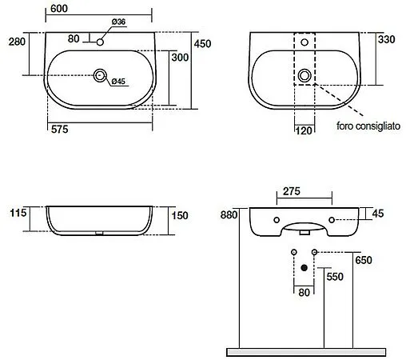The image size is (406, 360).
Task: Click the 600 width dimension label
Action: click(59, 9)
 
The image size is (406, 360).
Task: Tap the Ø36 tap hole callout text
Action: click(118, 22)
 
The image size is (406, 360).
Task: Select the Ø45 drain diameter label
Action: click(118, 82)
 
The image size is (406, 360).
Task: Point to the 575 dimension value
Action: click(60, 130)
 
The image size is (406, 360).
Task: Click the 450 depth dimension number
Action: click(202, 44)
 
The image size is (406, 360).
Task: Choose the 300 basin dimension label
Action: click(180, 58)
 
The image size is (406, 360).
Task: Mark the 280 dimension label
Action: click(17, 42)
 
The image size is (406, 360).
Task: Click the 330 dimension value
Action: click(387, 39)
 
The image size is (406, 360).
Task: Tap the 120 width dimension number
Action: click(304, 130)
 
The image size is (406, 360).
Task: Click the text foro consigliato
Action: click(368, 126)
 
